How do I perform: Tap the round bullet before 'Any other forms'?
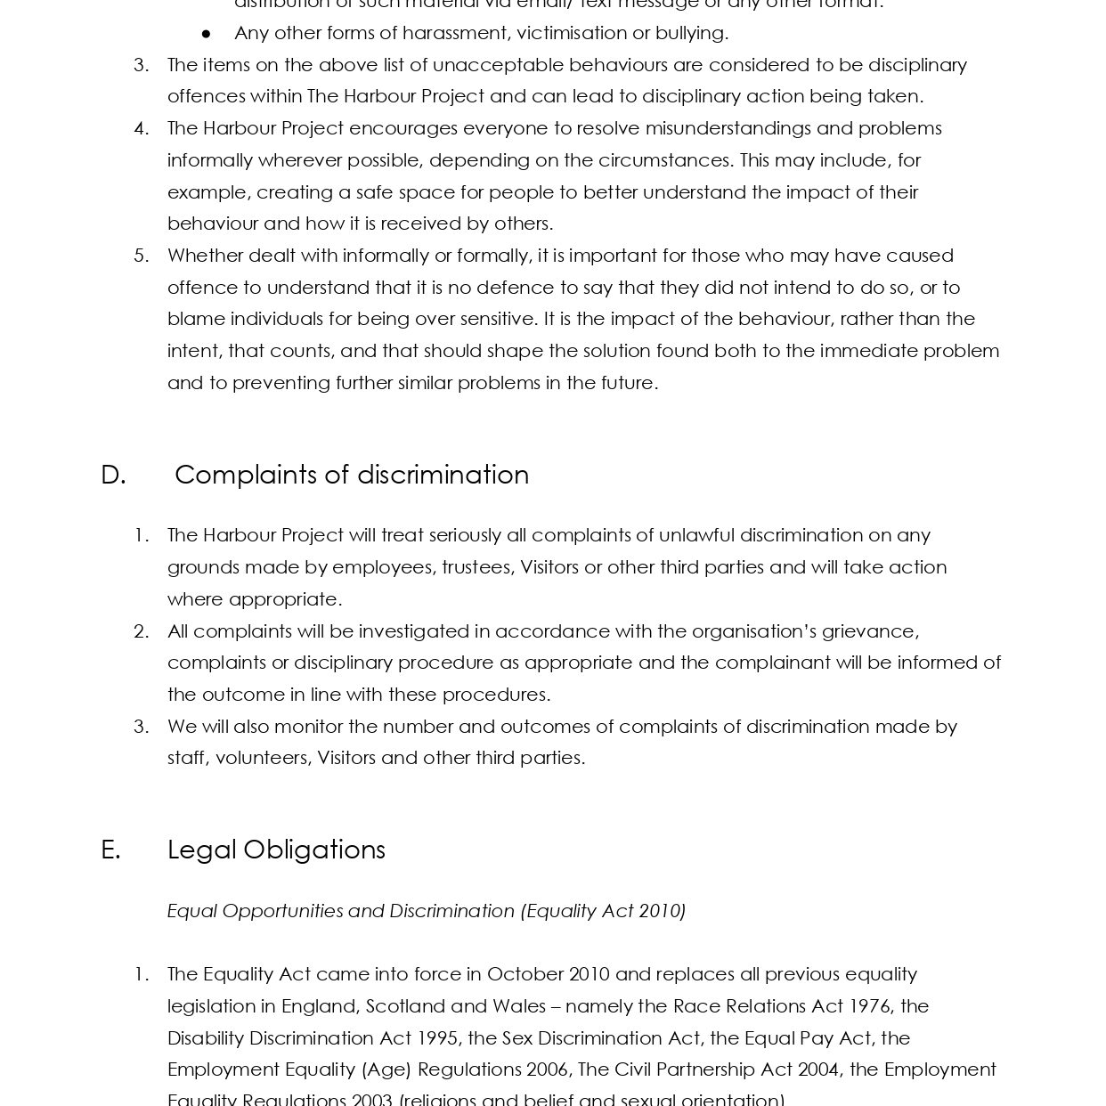tap(207, 34)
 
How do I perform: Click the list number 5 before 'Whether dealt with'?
tap(141, 256)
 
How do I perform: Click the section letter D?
tap(112, 475)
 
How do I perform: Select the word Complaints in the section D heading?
tap(246, 475)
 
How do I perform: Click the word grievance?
tap(869, 631)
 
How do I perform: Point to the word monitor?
tap(308, 727)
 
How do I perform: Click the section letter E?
tap(110, 850)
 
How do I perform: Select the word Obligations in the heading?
tap(313, 850)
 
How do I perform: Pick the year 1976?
tap(869, 1006)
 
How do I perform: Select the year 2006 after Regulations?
tap(548, 1069)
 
